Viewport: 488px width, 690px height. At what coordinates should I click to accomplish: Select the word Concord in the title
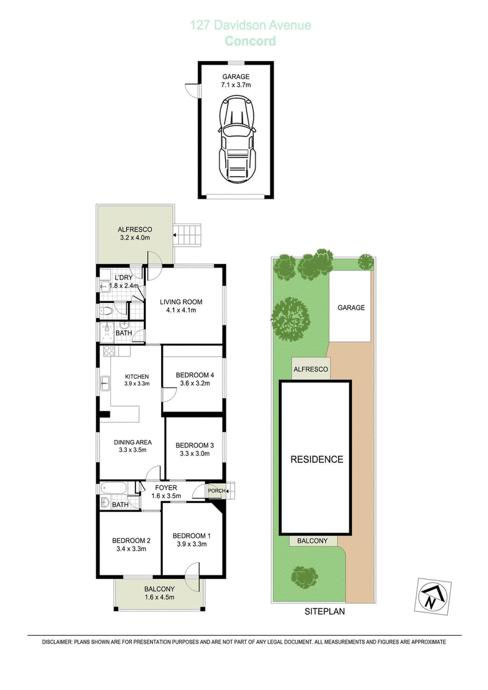[250, 41]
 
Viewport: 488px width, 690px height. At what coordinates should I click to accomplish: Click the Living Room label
[181, 302]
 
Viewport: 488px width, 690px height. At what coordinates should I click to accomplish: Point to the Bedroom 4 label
[195, 375]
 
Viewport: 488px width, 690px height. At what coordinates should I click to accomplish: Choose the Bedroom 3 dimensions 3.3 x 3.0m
[195, 453]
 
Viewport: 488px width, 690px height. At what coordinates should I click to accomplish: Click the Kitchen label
[137, 377]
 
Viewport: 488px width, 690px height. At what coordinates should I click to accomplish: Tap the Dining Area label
[132, 443]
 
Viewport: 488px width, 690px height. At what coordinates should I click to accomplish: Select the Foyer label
[166, 488]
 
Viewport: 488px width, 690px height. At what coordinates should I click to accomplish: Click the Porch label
[217, 491]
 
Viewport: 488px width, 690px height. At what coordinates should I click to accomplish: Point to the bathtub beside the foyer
[114, 488]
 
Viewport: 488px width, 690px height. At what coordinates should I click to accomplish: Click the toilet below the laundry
[106, 311]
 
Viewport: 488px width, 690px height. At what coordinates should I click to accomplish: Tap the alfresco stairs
[188, 235]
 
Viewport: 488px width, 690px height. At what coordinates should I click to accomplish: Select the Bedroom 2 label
[131, 541]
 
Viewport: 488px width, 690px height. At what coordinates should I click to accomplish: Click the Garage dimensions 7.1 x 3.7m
[236, 85]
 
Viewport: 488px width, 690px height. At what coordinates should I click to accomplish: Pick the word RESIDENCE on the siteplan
[317, 460]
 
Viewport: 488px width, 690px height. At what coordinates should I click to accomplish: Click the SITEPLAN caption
[325, 611]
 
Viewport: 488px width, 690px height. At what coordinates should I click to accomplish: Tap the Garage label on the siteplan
[351, 308]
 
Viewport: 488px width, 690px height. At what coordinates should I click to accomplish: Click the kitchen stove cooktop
[109, 351]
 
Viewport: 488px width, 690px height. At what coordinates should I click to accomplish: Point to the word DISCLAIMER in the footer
[57, 642]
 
